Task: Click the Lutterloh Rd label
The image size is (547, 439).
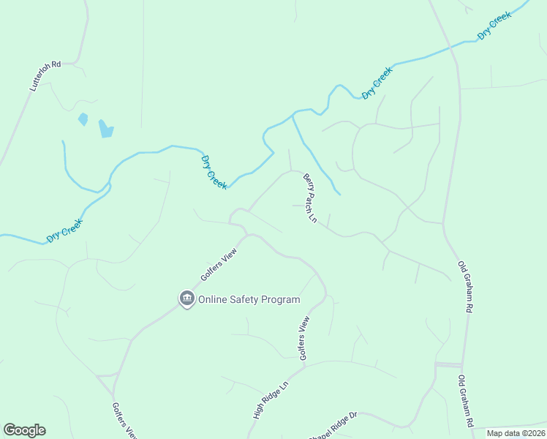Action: click(45, 76)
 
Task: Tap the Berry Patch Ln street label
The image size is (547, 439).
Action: click(311, 198)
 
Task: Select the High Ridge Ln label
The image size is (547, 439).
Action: click(271, 399)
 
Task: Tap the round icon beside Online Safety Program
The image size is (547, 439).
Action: click(186, 299)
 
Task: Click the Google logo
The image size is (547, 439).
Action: click(24, 430)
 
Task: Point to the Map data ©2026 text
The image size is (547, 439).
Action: click(516, 433)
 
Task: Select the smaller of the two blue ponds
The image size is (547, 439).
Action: click(83, 119)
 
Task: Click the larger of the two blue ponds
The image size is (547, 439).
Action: click(107, 129)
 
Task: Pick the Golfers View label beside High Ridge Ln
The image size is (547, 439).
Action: click(304, 337)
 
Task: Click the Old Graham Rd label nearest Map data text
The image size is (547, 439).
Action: click(466, 401)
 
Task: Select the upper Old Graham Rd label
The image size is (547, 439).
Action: click(466, 288)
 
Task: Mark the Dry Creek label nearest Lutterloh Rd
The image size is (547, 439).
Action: click(64, 231)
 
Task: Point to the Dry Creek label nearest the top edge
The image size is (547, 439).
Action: click(494, 26)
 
